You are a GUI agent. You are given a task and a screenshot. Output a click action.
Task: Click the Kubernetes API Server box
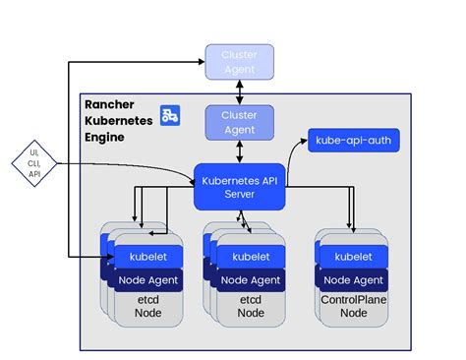[x=239, y=185]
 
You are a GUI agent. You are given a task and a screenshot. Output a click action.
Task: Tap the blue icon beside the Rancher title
[x=169, y=115]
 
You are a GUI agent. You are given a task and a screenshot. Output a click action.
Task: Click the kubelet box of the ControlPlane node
[x=353, y=257]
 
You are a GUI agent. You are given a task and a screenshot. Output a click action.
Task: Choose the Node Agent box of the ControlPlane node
[x=353, y=278]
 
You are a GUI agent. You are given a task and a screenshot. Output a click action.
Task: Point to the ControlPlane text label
[x=353, y=298]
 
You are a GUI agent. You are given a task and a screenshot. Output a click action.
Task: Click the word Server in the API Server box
[x=238, y=193]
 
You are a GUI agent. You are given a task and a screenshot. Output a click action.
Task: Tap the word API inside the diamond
[x=34, y=173]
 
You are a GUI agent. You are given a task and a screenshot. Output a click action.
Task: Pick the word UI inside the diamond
[x=34, y=151]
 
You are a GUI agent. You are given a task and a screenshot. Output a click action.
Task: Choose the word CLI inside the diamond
[x=34, y=162]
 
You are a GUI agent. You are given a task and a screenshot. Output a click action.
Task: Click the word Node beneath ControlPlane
[x=353, y=313]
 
